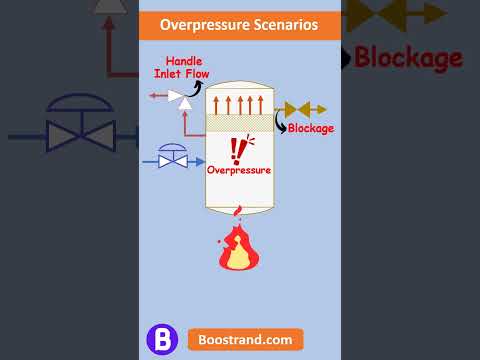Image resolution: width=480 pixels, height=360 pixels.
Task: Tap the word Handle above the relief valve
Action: [x=183, y=61]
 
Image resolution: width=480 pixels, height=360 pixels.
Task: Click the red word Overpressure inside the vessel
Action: [x=239, y=170]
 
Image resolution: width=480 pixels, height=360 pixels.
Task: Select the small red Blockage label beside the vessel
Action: [x=310, y=128]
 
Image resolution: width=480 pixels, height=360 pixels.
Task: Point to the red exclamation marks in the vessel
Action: [x=238, y=148]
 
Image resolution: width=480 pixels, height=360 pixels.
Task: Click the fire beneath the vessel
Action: [x=238, y=248]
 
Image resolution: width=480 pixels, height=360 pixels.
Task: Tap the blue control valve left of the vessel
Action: [x=173, y=156]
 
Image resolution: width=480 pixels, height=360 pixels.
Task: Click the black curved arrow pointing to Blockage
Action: [x=281, y=122]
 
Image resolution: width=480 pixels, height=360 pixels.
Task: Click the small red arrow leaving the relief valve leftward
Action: [x=157, y=96]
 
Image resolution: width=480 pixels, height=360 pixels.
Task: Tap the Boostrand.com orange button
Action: [x=244, y=339]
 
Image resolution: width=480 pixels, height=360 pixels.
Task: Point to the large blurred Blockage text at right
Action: [x=408, y=57]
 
